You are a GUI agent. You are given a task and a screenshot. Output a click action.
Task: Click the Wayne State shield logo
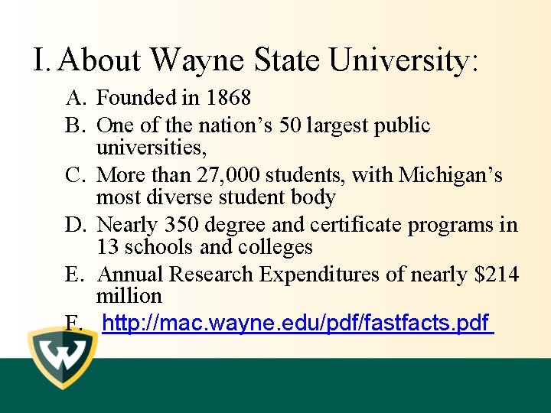point(62,357)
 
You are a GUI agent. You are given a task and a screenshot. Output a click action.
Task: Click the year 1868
point(228,98)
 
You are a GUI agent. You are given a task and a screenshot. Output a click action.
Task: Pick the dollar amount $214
point(497,274)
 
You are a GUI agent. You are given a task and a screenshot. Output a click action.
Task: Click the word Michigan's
point(452,175)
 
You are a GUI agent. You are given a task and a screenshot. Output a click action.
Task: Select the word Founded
point(134,98)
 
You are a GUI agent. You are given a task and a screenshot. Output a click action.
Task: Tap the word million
point(129,296)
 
